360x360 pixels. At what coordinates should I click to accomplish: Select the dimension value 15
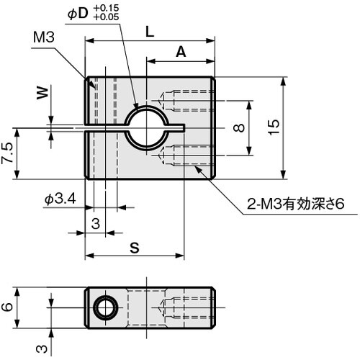(273, 127)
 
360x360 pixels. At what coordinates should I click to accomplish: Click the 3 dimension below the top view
(95, 223)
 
